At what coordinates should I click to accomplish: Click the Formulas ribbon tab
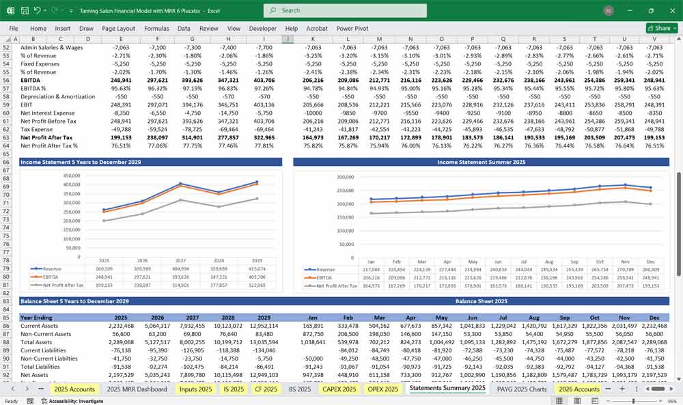tap(156, 29)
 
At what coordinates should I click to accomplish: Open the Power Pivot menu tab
tap(352, 29)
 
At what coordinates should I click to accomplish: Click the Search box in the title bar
tap(345, 10)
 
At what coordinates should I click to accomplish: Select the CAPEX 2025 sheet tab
tap(339, 389)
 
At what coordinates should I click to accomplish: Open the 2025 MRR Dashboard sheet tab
tap(137, 389)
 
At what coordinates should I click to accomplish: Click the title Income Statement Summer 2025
tap(481, 162)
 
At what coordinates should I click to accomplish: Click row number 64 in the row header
tap(7, 145)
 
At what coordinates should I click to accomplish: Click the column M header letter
tap(379, 39)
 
